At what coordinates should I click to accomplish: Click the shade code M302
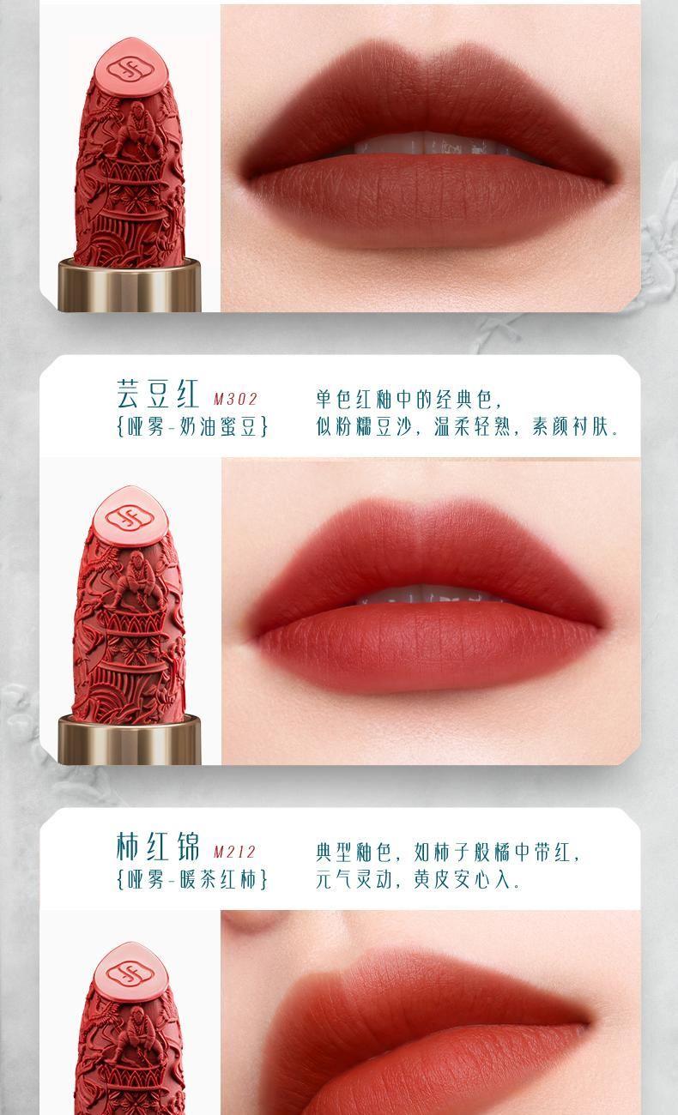(235, 399)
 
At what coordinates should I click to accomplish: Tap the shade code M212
(234, 852)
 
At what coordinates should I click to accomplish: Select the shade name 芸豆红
(158, 393)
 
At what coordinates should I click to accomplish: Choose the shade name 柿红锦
(158, 846)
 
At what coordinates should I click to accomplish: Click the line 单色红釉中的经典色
(409, 399)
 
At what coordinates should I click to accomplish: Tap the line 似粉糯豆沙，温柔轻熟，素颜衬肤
(467, 426)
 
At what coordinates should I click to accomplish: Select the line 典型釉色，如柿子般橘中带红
(448, 853)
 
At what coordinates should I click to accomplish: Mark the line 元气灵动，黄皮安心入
(418, 879)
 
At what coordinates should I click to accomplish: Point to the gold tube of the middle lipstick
(130, 739)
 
